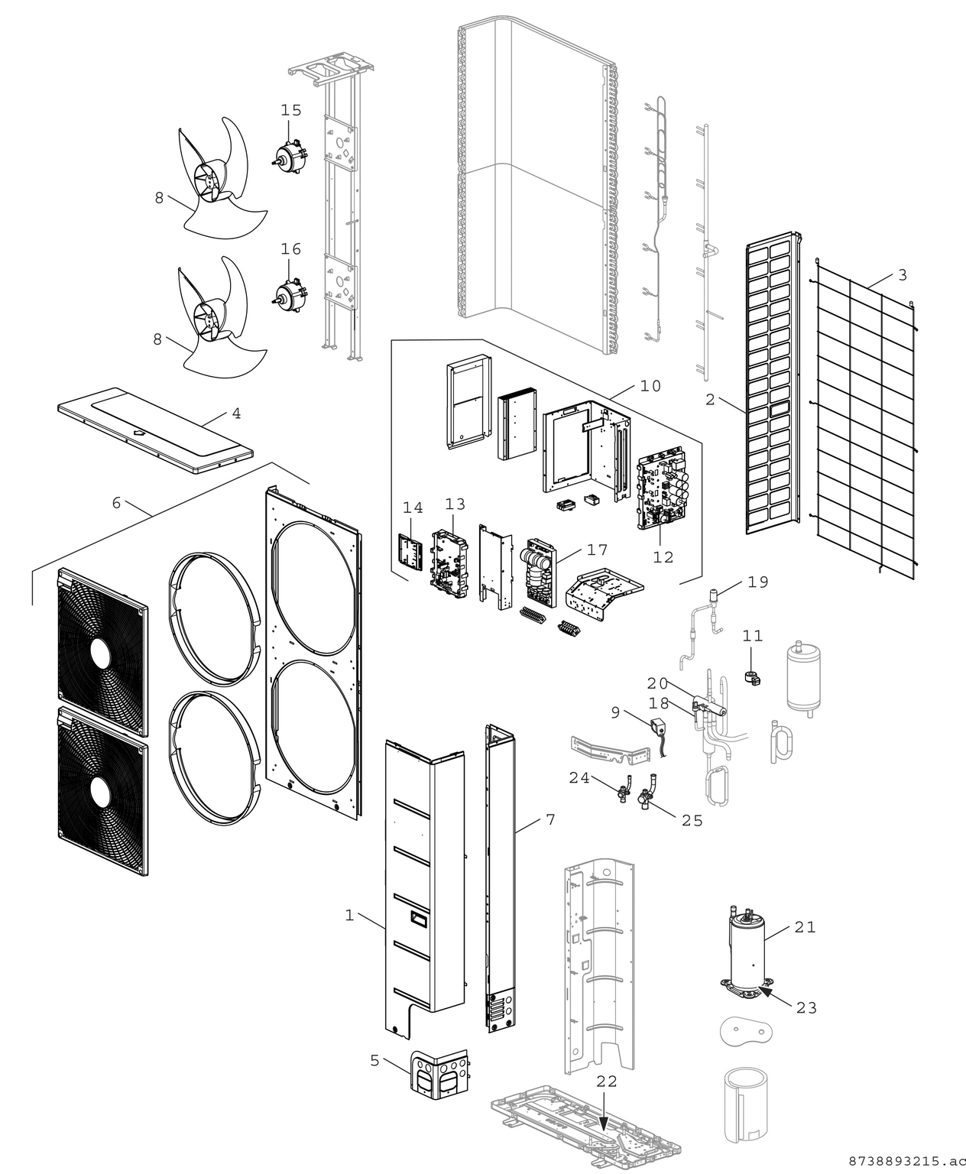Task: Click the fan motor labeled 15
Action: point(291,154)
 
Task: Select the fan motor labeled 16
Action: point(290,294)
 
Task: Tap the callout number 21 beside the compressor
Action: point(805,927)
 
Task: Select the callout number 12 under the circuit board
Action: point(663,557)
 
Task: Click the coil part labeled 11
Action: point(751,676)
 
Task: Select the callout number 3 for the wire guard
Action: point(903,274)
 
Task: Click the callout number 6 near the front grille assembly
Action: point(116,502)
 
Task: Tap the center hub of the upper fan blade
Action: point(206,183)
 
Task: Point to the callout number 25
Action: point(692,820)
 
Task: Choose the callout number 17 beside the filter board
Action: point(597,550)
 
